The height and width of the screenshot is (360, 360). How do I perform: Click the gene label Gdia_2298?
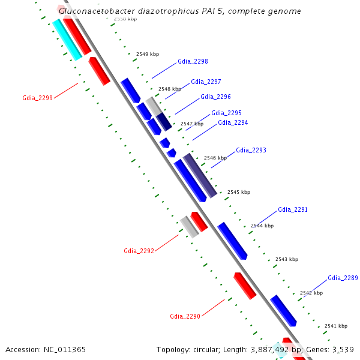pos(193,61)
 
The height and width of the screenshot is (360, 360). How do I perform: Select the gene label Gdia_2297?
pos(206,82)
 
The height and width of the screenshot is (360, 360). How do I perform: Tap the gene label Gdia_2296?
pos(215,97)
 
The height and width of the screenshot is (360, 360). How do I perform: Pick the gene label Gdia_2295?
pos(226,113)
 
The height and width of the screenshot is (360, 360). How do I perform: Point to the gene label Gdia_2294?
pos(233,122)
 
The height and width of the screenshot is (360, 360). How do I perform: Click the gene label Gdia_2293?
pos(251,150)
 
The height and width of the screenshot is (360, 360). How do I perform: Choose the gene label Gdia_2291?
pos(293,210)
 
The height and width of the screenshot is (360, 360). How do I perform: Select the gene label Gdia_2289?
pos(343,278)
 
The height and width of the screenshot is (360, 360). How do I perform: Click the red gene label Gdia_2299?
pos(37,97)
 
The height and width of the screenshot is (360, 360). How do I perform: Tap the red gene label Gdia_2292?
pos(139,250)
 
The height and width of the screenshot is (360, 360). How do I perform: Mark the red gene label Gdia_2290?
pos(185,316)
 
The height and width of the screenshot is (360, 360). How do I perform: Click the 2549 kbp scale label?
pos(147,54)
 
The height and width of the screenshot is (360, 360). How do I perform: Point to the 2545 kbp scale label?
pos(238,192)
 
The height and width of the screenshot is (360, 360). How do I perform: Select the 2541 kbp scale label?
pos(335,326)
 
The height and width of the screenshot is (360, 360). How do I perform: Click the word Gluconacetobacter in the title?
pos(96,11)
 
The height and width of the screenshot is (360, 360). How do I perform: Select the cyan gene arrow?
pos(67,40)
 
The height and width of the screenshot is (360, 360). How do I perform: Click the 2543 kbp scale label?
pos(286,259)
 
